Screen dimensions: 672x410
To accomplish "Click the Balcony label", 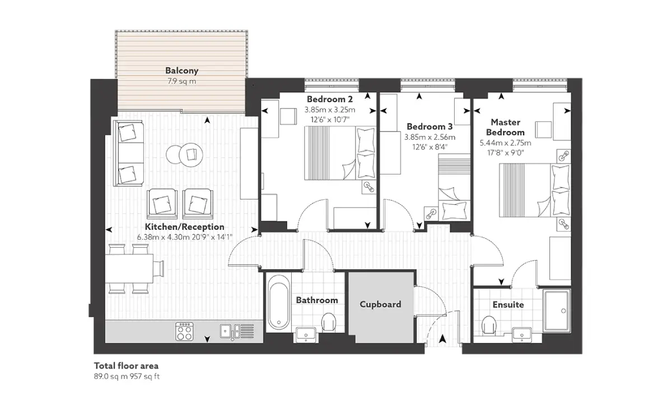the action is (182, 70).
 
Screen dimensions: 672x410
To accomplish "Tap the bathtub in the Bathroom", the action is (279, 303).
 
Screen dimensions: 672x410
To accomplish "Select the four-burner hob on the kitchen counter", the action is (184, 331).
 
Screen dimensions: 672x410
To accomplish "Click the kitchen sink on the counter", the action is (237, 332).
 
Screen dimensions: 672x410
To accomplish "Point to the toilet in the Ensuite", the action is (489, 325).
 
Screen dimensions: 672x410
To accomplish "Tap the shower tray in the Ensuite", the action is (557, 310).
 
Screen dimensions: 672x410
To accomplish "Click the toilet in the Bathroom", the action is (329, 322).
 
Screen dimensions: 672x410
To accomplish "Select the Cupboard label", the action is (380, 304).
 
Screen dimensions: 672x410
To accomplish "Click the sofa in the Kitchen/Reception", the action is (128, 153).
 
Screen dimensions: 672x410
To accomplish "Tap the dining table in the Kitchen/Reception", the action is (129, 268).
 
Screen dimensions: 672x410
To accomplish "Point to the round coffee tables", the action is (184, 155).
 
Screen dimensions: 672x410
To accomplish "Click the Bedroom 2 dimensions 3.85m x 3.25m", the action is (330, 110).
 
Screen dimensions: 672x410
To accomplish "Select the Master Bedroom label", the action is (506, 127).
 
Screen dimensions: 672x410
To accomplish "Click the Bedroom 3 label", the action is (430, 126).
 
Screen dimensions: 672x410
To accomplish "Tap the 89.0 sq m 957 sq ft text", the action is (127, 376).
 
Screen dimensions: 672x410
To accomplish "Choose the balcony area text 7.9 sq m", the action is (182, 81).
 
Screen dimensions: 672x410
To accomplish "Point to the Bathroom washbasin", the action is (306, 335).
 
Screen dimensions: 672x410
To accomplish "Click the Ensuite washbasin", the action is (522, 335).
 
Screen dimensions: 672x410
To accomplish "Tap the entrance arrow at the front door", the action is (442, 340).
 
